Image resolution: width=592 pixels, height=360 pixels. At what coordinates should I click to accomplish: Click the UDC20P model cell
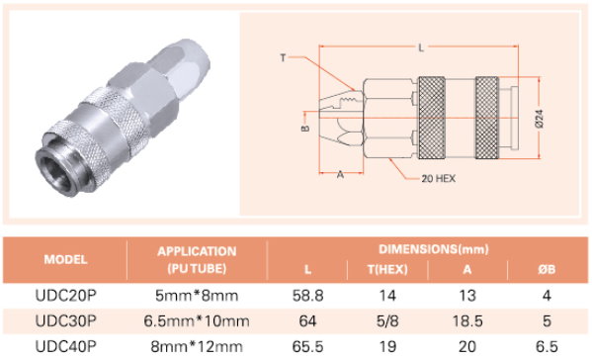(65, 296)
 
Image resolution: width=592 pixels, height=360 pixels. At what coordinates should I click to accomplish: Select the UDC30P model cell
(65, 321)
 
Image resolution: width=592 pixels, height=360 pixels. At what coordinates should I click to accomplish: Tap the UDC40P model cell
(65, 346)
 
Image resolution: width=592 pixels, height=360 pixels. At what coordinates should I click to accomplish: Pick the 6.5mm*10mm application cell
(197, 321)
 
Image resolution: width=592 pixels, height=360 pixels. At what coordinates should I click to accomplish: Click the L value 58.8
(307, 296)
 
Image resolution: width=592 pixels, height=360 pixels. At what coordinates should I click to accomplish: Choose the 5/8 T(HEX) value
(387, 321)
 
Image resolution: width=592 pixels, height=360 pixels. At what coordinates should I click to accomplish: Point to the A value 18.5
(467, 321)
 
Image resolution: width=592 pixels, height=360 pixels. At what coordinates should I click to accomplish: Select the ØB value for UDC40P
(547, 346)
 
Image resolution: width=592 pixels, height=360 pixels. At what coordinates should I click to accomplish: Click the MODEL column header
(65, 259)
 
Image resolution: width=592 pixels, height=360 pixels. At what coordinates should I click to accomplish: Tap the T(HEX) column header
(387, 269)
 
